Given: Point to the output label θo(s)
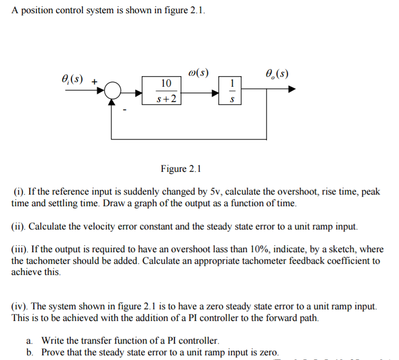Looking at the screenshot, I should click(x=277, y=73).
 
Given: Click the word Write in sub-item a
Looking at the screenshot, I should click(x=53, y=341).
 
